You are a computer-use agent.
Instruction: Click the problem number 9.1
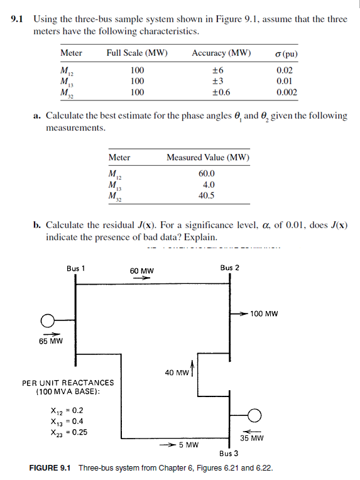19,19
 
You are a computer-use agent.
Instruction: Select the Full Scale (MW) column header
136,53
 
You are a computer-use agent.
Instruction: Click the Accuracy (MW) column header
221,53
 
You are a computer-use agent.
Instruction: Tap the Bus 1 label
76,268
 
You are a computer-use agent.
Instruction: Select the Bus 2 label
230,268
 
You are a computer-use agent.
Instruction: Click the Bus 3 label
229,452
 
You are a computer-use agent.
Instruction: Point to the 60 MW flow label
142,271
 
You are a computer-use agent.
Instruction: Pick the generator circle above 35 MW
254,414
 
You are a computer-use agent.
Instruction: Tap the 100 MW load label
264,313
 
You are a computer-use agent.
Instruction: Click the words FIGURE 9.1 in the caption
52,467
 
